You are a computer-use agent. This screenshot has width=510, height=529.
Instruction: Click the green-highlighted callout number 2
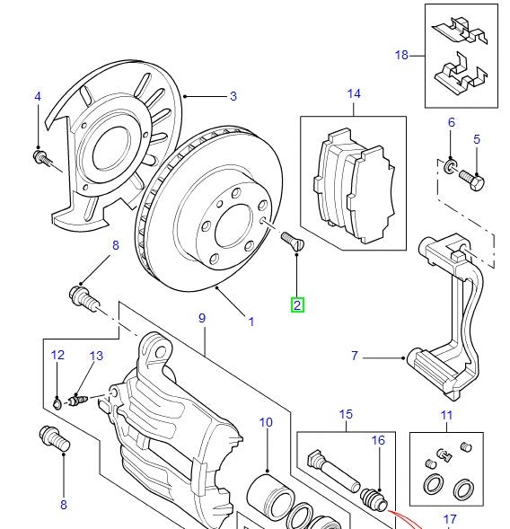tap(297, 305)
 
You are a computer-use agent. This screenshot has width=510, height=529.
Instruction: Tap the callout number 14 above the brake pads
tap(353, 93)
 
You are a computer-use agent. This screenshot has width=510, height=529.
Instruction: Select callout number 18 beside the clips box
tap(401, 55)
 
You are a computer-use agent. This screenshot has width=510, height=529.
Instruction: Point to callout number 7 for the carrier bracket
tap(355, 357)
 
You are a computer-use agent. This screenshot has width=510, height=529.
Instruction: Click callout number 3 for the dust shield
tap(233, 96)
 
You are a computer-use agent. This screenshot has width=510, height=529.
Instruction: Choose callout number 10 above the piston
tap(266, 422)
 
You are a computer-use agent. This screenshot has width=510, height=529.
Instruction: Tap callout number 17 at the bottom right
tap(450, 519)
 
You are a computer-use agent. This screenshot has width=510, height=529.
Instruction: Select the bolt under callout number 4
tap(40, 160)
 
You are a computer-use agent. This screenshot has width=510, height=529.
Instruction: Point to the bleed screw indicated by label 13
tap(77, 399)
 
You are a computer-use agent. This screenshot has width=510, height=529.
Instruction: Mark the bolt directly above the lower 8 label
tap(55, 440)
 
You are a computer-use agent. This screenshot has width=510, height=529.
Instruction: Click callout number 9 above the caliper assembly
tap(202, 319)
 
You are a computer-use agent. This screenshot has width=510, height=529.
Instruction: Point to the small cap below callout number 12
tap(57, 401)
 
